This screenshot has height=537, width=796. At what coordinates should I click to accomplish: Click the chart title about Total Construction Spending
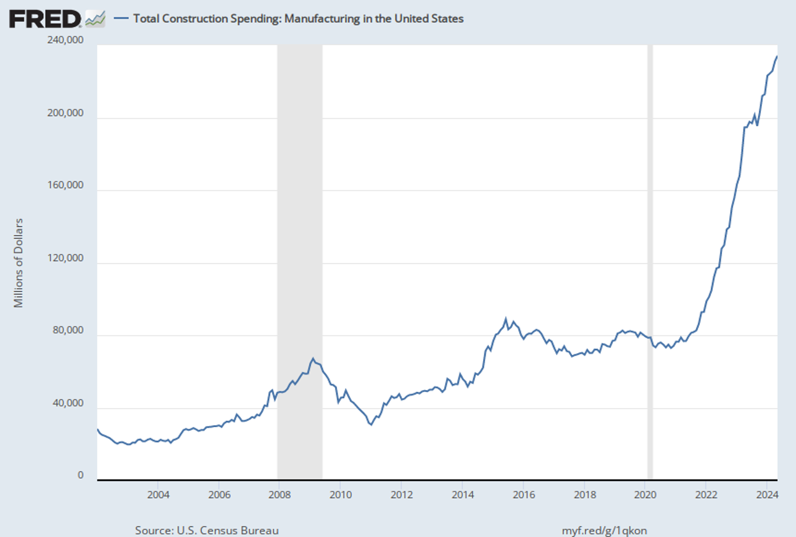pos(298,19)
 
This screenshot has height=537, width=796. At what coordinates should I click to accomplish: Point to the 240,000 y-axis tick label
pos(66,40)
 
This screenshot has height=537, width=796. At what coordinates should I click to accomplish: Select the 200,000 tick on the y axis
pos(66,113)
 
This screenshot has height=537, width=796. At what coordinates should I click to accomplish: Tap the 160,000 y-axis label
pos(66,186)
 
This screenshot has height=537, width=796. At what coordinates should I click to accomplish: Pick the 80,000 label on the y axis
pos(68,331)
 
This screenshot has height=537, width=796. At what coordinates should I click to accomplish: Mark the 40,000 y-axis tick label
pos(68,404)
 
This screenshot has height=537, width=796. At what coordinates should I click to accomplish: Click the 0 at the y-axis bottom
pos(80,475)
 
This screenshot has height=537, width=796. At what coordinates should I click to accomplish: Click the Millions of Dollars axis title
pos(19,262)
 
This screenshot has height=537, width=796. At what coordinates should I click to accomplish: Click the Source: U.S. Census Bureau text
pos(207,530)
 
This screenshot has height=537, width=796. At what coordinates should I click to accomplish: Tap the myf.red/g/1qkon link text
pos(605,530)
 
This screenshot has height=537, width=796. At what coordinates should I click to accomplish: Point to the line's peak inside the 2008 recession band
pos(313,358)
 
